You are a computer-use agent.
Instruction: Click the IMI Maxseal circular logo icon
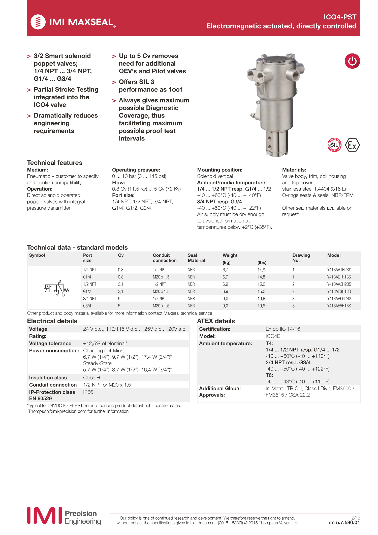pyautogui.click(x=38, y=22)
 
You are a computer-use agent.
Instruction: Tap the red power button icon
pyautogui.click(x=352, y=61)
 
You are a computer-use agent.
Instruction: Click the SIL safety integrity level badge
pyautogui.click(x=334, y=145)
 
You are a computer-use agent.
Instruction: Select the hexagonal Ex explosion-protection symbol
pyautogui.click(x=352, y=145)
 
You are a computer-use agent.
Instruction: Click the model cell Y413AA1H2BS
pyautogui.click(x=339, y=270)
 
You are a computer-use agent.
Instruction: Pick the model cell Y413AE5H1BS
pyautogui.click(x=339, y=306)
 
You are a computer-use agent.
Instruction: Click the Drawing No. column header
pyautogui.click(x=301, y=258)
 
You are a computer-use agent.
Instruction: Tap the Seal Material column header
pyautogui.click(x=196, y=258)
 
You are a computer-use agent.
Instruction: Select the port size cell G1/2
pyautogui.click(x=87, y=291)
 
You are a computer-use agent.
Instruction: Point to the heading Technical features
pyautogui.click(x=54, y=163)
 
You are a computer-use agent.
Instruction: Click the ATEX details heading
pyautogui.click(x=216, y=321)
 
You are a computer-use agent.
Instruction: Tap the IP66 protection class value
pyautogui.click(x=88, y=392)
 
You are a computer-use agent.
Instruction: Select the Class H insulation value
pyautogui.click(x=91, y=378)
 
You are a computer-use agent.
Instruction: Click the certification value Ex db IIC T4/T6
pyautogui.click(x=283, y=329)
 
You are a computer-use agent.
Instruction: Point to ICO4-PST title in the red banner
pyautogui.click(x=340, y=17)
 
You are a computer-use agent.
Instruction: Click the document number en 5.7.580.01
pyautogui.click(x=344, y=522)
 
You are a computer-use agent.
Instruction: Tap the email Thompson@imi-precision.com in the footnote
pyautogui.click(x=57, y=411)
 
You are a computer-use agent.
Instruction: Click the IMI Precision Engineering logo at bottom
pyautogui.click(x=64, y=516)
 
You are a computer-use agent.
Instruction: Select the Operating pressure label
pyautogui.click(x=136, y=170)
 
